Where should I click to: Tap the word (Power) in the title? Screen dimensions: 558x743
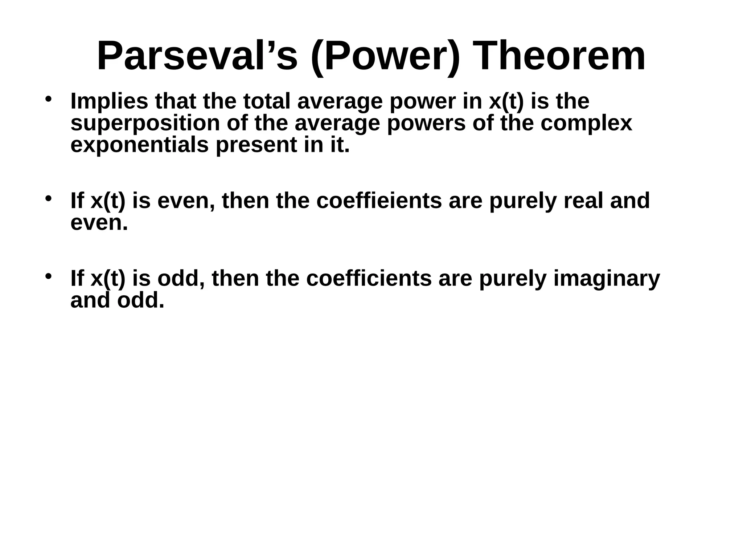[385, 56]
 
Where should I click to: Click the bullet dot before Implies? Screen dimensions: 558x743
[48, 99]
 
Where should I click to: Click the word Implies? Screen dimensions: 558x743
[109, 101]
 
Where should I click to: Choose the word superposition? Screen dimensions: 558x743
[145, 124]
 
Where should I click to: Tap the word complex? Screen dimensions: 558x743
[586, 124]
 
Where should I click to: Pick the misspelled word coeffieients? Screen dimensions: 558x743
[379, 201]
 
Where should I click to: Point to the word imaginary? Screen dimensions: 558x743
[607, 279]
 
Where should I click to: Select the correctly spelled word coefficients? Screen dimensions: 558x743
[369, 279]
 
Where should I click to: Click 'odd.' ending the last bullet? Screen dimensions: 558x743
[141, 300]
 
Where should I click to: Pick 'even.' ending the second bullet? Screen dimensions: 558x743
[99, 223]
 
